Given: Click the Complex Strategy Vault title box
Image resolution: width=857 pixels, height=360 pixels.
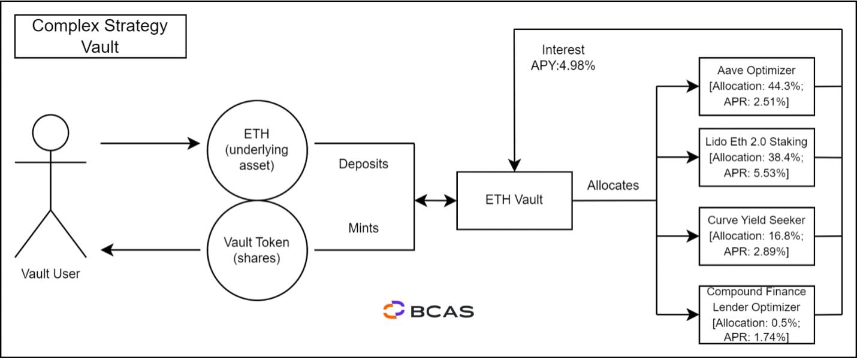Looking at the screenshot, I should [100, 36].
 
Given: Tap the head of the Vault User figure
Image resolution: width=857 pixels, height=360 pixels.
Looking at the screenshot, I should [51, 132].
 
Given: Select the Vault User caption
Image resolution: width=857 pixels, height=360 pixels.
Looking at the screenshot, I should [50, 274].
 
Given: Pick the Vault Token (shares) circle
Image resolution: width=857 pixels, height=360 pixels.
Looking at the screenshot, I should [257, 250].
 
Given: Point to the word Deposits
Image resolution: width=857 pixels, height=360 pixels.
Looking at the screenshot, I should [363, 164].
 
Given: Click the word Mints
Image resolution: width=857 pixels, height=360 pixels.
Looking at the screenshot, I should [363, 228].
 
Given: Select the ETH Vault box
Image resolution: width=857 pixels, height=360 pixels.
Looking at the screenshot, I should [514, 200].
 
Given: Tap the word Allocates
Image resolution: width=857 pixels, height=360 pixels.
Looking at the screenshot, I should [612, 185].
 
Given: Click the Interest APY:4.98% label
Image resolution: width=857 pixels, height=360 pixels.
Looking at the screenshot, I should [563, 58].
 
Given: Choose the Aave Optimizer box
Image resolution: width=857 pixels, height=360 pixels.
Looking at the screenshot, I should [756, 86].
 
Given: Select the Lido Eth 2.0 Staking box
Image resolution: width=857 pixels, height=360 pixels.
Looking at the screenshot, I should [756, 158].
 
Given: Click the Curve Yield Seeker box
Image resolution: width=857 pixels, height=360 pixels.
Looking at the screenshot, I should [756, 236].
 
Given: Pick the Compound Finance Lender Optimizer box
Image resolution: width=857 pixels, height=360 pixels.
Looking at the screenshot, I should [756, 314].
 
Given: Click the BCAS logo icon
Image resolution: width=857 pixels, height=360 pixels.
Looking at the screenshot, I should [394, 310].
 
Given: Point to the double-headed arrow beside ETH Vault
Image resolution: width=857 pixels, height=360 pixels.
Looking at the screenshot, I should [436, 201].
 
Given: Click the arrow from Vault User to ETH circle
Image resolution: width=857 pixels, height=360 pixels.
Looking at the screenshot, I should [150, 144].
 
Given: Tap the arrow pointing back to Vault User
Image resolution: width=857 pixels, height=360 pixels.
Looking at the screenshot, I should [150, 250].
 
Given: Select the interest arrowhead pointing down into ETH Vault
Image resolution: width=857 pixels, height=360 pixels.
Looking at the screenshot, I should [514, 164].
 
